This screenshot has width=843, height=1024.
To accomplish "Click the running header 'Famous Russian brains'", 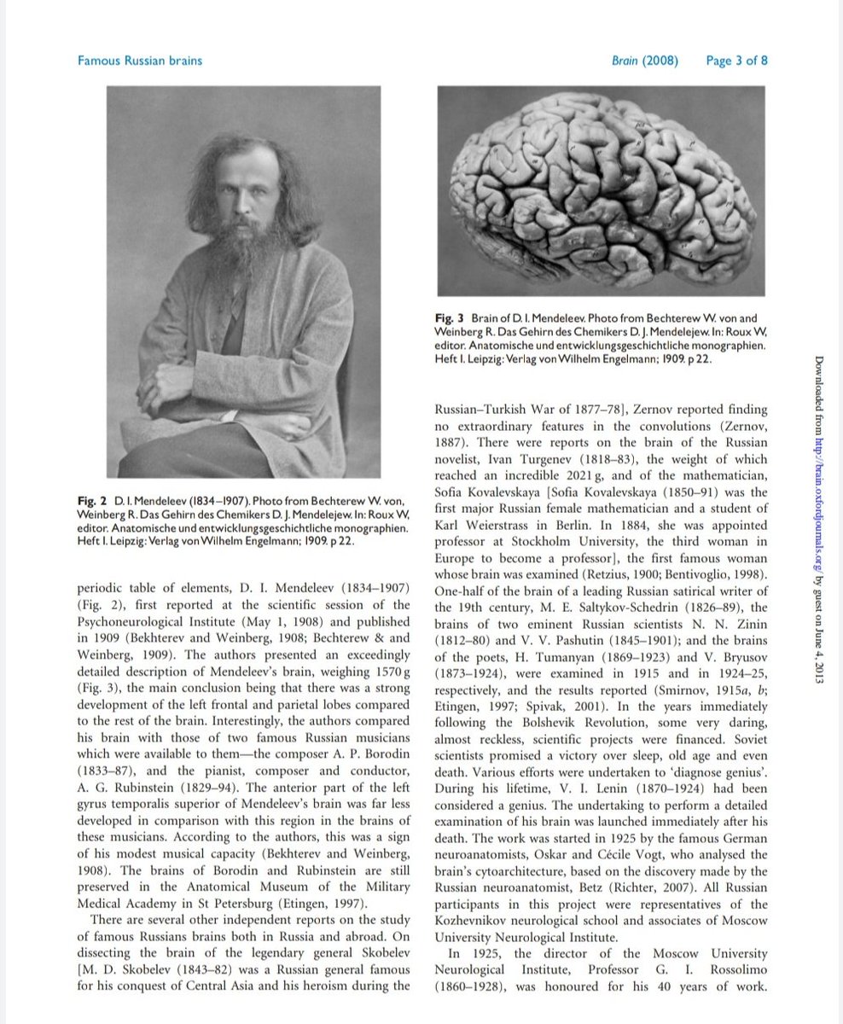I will pos(140,61).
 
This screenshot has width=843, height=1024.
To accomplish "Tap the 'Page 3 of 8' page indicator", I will pos(737,61).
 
